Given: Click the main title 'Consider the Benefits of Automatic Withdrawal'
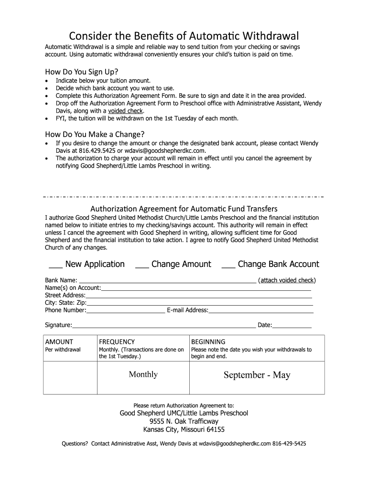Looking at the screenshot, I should [184, 36].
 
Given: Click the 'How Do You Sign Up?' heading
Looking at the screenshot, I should [81, 72].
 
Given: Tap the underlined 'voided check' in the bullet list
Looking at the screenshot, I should [126, 111].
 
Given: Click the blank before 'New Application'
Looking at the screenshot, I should [55, 265].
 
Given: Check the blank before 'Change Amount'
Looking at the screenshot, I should [142, 265].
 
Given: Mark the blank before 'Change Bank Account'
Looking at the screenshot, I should [228, 265].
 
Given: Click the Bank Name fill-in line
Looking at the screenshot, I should [167, 281].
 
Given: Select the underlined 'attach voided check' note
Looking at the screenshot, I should [287, 280].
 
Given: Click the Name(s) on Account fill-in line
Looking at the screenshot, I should [206, 288].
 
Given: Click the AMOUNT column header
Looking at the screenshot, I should [59, 341].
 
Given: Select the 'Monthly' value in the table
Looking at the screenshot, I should [143, 374].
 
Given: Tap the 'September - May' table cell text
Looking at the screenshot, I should [257, 375].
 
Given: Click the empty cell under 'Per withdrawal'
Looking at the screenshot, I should [70, 378].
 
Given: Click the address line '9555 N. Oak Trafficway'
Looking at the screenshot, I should [184, 421].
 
